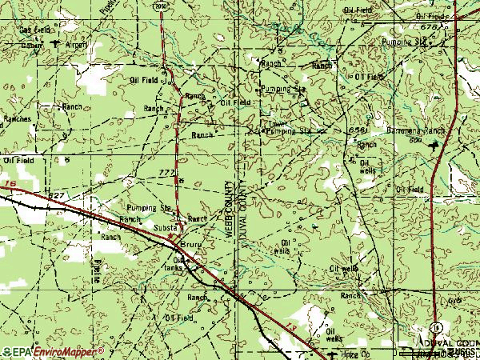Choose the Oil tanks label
[x=185, y=264]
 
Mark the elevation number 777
[x=166, y=172]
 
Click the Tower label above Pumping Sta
[x=277, y=123]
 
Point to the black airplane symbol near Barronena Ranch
[x=434, y=146]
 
